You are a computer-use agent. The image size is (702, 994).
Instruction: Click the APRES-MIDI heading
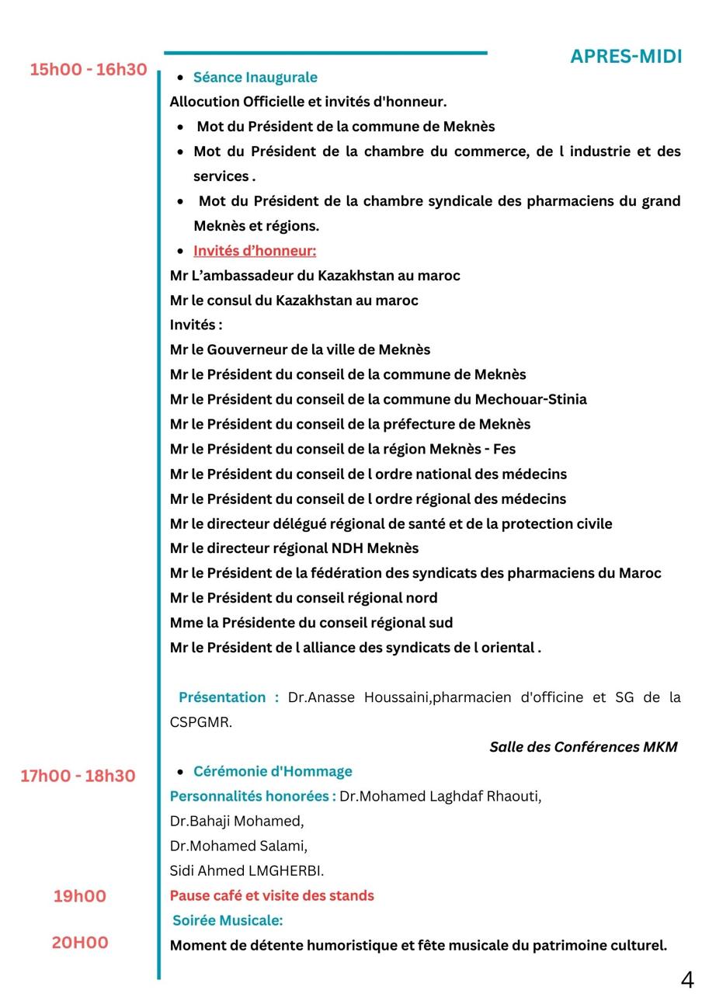(626, 57)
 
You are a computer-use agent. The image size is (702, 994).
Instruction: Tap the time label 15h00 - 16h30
(89, 70)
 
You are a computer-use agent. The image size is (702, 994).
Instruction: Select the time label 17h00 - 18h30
(78, 776)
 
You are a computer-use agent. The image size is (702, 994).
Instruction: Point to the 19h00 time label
(80, 896)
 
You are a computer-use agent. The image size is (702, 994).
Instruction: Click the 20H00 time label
(80, 943)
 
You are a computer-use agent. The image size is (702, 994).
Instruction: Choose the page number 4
(687, 979)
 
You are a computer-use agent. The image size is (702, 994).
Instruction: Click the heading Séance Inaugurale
(255, 77)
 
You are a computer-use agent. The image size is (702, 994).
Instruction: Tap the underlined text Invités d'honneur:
(255, 251)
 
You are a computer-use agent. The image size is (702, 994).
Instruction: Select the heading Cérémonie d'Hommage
(273, 771)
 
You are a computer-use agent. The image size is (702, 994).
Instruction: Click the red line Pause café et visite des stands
(272, 895)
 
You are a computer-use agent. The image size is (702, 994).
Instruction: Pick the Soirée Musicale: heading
(228, 920)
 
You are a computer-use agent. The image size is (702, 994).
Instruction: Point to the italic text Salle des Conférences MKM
(583, 747)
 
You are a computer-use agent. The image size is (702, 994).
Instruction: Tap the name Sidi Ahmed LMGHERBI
(247, 871)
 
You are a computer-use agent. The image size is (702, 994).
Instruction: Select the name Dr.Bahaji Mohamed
(237, 821)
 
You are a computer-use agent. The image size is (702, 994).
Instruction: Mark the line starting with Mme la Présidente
(311, 623)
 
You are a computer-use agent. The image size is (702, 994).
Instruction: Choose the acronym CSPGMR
(200, 722)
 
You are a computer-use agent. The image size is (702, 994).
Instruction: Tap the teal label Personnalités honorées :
(253, 796)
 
